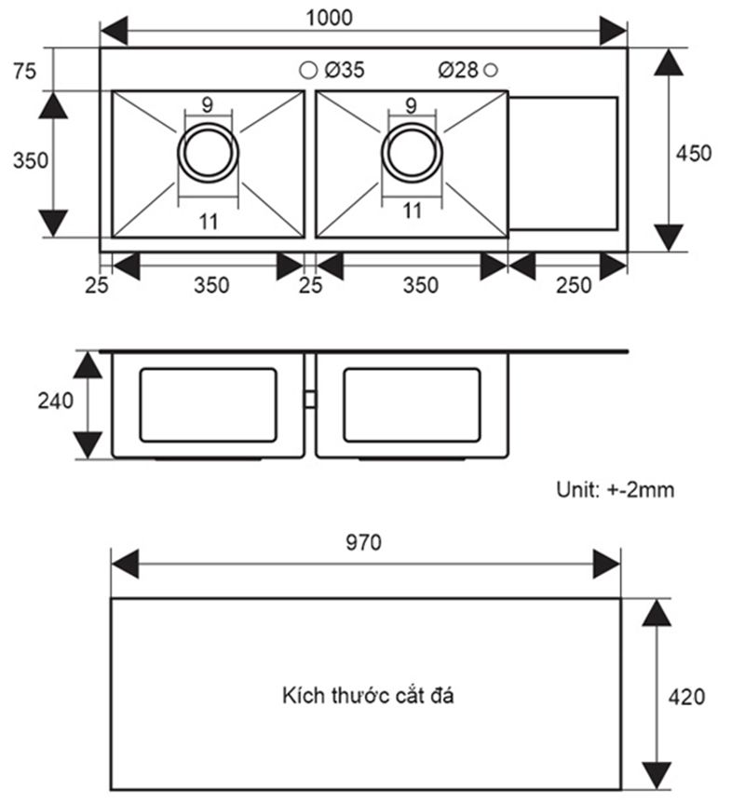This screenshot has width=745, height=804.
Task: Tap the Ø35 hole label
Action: (345, 70)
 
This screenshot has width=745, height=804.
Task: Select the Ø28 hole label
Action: (458, 70)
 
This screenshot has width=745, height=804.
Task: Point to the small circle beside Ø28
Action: (492, 70)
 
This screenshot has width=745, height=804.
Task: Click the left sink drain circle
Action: (209, 153)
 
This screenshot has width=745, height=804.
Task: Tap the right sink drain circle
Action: (411, 153)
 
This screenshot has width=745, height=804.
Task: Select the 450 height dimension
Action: (693, 153)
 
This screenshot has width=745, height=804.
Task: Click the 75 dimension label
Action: (25, 71)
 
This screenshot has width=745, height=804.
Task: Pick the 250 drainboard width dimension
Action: (574, 285)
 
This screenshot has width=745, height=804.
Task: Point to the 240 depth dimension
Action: (55, 402)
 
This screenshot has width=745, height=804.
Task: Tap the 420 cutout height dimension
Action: (687, 695)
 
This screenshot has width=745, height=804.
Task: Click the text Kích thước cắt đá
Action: (368, 695)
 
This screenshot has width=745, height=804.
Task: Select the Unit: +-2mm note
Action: (615, 489)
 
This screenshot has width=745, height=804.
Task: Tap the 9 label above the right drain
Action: (411, 104)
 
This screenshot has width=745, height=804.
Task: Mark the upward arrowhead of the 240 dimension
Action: (88, 364)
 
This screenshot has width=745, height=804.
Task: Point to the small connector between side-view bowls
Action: (310, 399)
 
